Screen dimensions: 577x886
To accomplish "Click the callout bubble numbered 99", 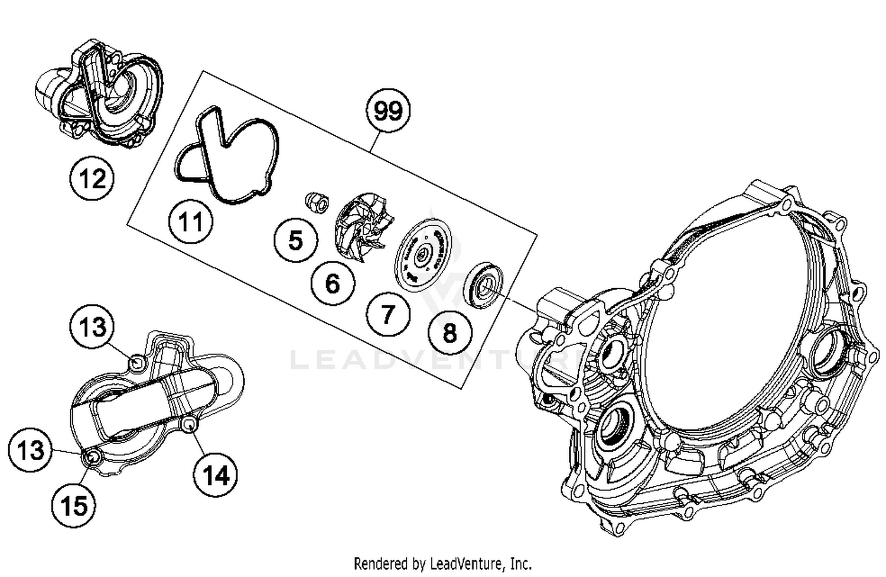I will [x=388, y=111].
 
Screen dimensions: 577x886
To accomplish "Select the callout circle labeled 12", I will [x=92, y=178].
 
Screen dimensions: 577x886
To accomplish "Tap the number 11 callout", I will [x=190, y=223].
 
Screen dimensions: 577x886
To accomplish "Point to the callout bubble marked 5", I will [x=295, y=240].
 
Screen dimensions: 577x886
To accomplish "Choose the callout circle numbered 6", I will [x=333, y=283].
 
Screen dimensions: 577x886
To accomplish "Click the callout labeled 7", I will [x=387, y=314].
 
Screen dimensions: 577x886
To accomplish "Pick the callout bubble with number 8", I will [x=449, y=332].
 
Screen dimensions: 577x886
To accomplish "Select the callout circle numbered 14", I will [x=216, y=475].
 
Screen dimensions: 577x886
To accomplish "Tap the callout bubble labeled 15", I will [x=74, y=506].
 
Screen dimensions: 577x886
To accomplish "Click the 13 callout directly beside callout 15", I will [x=30, y=451].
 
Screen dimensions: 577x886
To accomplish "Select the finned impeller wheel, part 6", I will [x=363, y=227].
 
